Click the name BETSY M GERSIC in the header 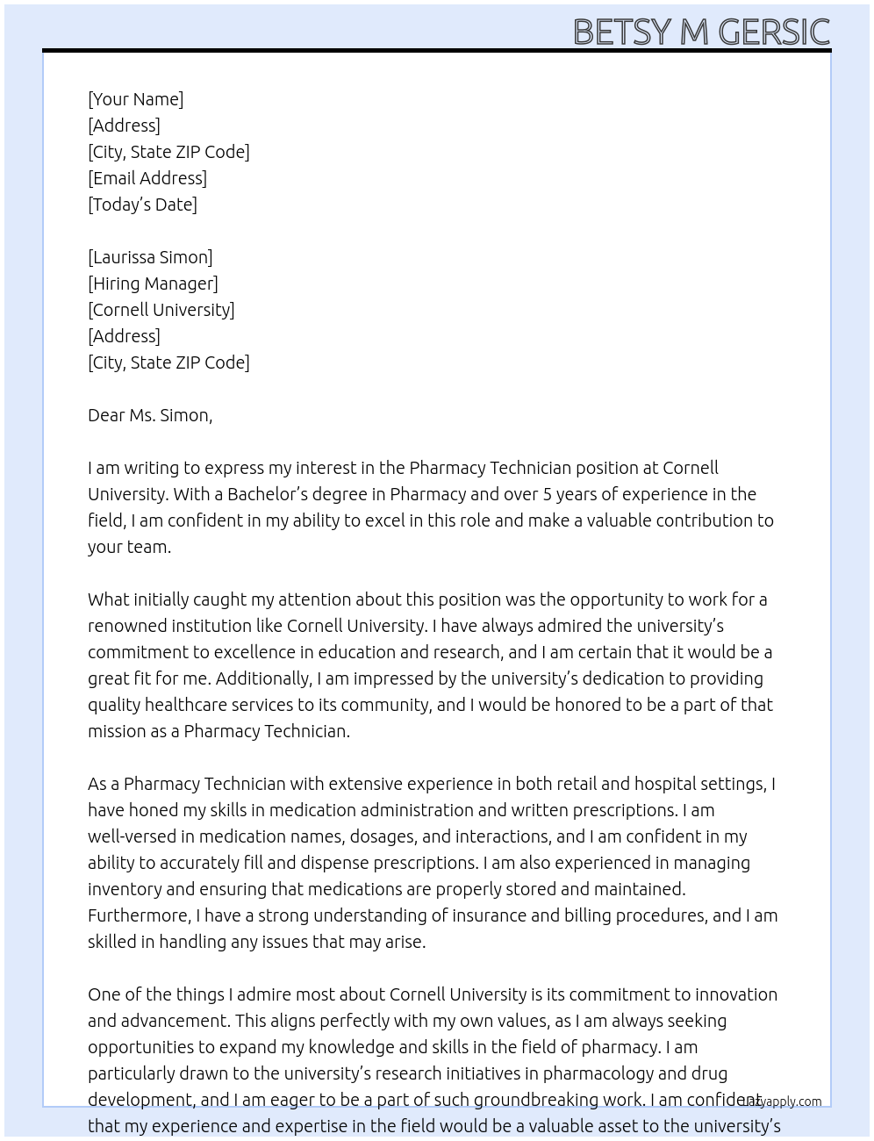(700, 32)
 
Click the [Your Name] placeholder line (135, 99)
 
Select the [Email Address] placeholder (147, 178)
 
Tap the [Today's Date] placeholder (142, 205)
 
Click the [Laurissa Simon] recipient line (150, 257)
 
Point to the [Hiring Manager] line (153, 283)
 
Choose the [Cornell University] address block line (161, 310)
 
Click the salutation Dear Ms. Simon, (150, 415)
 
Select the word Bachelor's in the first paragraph (269, 494)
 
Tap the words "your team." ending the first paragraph (129, 547)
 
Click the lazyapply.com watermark (783, 1102)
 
